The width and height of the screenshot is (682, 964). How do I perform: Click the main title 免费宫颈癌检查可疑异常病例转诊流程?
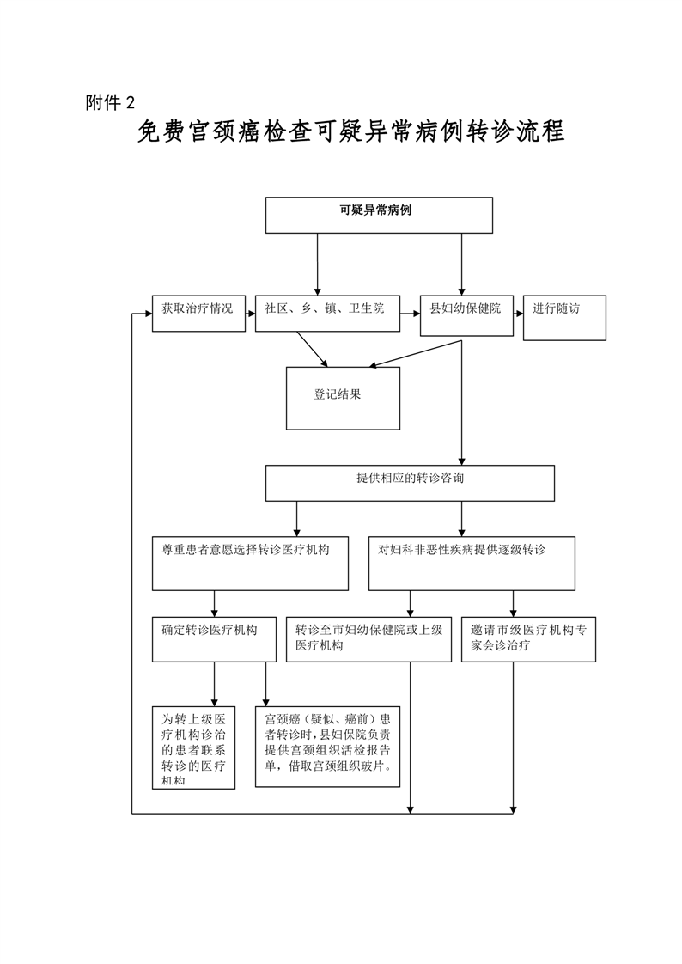click(x=350, y=134)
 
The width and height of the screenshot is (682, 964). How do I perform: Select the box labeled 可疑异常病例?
click(x=379, y=215)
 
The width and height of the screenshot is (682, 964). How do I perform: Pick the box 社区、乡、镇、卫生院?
click(x=327, y=314)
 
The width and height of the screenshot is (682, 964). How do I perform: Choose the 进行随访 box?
click(x=564, y=317)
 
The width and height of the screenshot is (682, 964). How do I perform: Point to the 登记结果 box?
click(x=343, y=398)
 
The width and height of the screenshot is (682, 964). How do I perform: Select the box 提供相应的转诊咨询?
click(x=410, y=483)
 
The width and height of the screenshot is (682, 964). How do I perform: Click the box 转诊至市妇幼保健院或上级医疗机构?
click(x=368, y=638)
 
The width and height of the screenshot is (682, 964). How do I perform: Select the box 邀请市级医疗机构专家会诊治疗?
click(x=528, y=638)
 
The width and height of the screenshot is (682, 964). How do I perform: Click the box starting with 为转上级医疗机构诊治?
click(x=194, y=747)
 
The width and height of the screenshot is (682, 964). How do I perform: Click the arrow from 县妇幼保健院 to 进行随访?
click(x=517, y=314)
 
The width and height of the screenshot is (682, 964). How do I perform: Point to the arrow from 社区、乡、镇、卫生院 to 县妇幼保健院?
click(x=410, y=314)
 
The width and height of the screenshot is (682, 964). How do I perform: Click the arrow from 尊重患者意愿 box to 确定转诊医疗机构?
click(x=214, y=602)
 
